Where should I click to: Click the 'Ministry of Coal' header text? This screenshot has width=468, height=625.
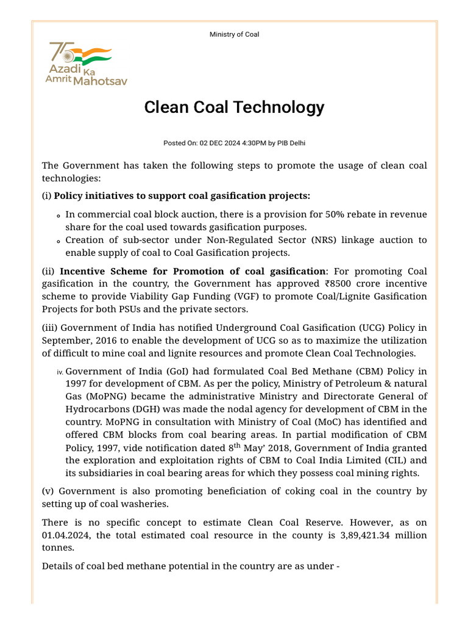pyautogui.click(x=234, y=34)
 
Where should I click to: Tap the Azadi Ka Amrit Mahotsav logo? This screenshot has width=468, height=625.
pyautogui.click(x=86, y=64)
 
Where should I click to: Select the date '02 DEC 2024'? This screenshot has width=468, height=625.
pyautogui.click(x=223, y=143)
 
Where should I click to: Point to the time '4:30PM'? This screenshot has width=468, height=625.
pyautogui.click(x=255, y=143)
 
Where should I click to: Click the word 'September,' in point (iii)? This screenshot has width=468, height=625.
pyautogui.click(x=66, y=340)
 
